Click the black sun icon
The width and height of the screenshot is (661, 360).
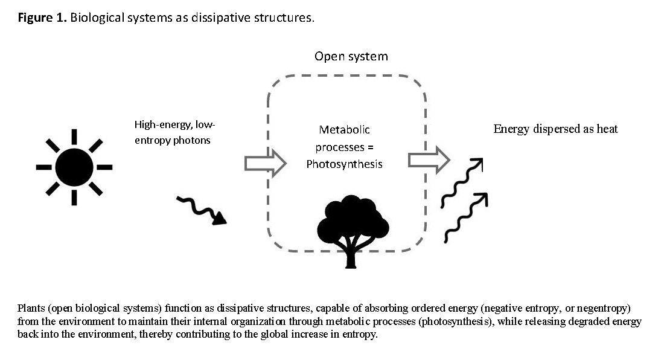74,166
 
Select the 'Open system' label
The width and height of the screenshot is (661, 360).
351,56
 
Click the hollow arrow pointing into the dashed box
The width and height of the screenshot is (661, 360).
265,164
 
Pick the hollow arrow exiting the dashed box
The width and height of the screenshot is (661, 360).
429,160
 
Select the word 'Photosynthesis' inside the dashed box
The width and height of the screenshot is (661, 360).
344,164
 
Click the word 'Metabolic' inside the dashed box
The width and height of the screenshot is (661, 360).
344,129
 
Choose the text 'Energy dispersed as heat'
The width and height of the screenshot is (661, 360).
555,129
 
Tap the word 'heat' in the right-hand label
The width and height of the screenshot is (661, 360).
606,129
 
